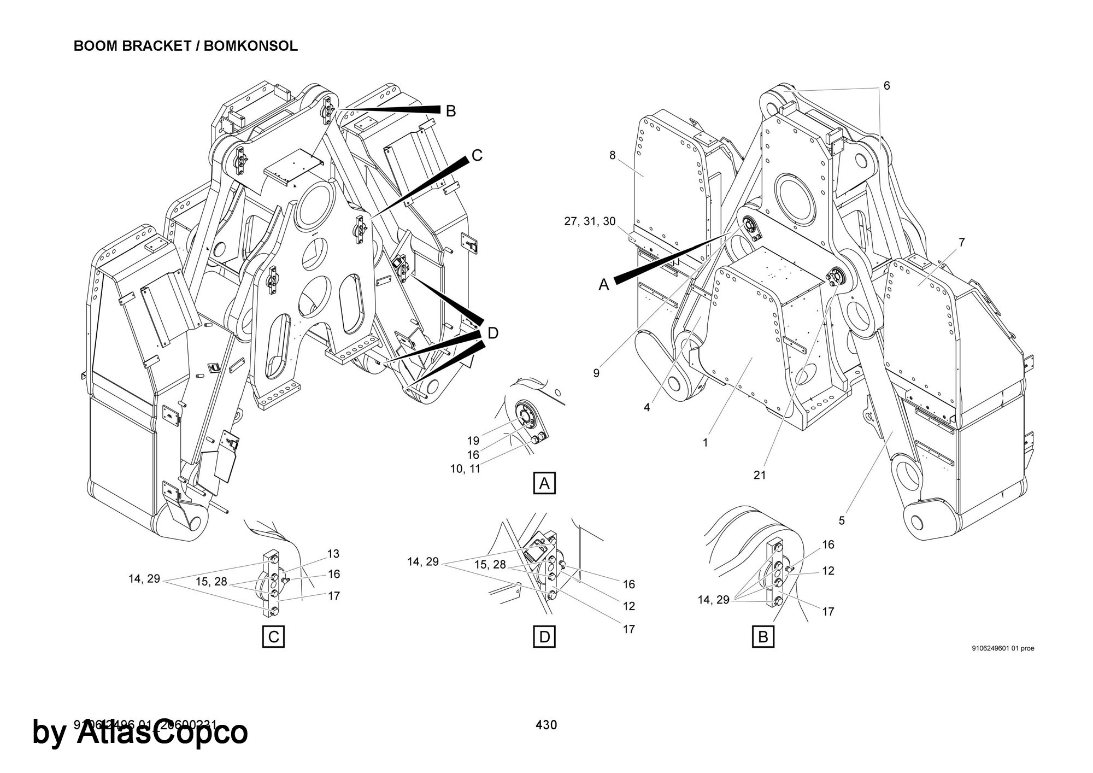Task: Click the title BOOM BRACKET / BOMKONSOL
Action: [x=185, y=46]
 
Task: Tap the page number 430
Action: [x=546, y=725]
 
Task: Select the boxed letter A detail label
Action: [x=544, y=484]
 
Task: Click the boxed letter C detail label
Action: [x=274, y=637]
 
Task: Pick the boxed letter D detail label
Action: [x=544, y=637]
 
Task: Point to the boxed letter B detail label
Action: [x=763, y=637]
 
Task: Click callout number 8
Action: [x=613, y=155]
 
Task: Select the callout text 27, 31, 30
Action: [x=590, y=221]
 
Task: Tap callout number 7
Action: [x=962, y=242]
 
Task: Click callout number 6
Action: [x=886, y=86]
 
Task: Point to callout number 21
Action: [x=760, y=475]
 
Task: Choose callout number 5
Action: [x=842, y=520]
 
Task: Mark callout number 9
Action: [x=596, y=373]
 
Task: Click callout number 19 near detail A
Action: [x=473, y=441]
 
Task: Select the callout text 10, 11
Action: [x=465, y=469]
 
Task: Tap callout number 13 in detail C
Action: [x=333, y=554]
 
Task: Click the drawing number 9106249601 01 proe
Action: [x=1003, y=649]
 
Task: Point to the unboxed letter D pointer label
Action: [x=493, y=333]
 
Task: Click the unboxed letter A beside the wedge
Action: [x=604, y=285]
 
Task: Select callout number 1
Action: [x=705, y=443]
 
